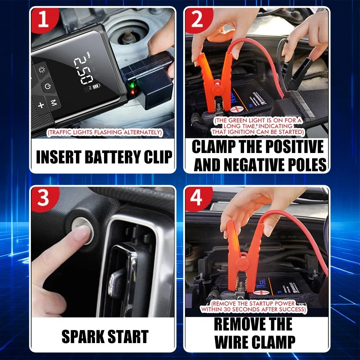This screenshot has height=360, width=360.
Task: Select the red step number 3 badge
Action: point(44,198)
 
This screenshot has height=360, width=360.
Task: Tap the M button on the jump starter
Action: point(54,102)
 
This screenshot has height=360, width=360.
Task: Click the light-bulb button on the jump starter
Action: point(41,69)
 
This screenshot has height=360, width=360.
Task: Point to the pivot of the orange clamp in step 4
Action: point(242,264)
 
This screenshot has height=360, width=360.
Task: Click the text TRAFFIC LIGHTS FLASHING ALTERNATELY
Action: point(105,132)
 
